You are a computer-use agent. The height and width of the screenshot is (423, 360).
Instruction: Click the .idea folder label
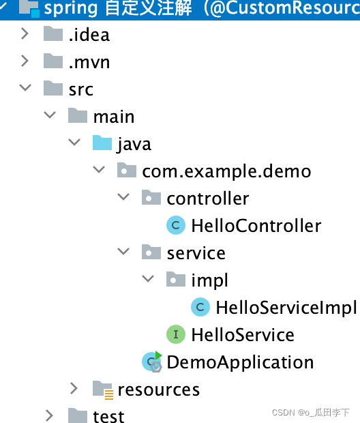(x=89, y=35)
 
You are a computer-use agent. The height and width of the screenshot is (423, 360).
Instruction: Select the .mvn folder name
(x=89, y=62)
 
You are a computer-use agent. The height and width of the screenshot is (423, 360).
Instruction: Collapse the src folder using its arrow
(x=25, y=87)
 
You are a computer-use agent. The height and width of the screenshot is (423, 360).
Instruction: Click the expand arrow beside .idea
(x=25, y=33)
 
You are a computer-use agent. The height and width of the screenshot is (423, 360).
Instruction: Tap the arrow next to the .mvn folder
(x=25, y=61)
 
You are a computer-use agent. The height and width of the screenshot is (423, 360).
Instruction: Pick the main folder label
(x=114, y=117)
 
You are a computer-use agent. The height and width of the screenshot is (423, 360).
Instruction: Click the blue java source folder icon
(x=102, y=143)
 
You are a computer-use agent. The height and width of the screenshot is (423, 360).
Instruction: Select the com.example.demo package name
(x=226, y=172)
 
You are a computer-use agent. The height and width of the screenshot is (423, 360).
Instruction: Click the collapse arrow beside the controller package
(x=123, y=196)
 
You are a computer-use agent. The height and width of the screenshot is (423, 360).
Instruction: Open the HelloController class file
(x=256, y=226)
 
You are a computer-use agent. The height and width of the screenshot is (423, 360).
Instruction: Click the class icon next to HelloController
(x=176, y=225)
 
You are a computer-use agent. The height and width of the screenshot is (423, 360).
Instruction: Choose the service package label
(x=196, y=253)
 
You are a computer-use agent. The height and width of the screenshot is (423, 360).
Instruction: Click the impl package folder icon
(x=176, y=279)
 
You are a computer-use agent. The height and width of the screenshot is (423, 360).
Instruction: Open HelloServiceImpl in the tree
(x=286, y=308)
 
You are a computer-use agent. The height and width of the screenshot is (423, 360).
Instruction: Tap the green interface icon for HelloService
(x=176, y=334)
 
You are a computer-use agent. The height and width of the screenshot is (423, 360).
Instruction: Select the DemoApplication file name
(x=240, y=362)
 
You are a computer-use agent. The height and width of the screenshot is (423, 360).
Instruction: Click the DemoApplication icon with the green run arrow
(x=152, y=362)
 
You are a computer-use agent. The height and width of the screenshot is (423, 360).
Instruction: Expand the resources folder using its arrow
(x=74, y=388)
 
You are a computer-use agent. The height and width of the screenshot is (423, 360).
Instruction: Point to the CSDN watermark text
(x=311, y=412)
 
